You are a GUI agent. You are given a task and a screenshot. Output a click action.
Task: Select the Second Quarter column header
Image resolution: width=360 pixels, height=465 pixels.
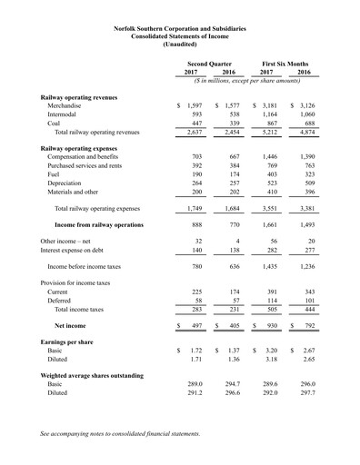[210, 64]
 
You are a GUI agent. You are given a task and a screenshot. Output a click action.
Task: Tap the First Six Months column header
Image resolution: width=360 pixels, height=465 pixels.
[285, 64]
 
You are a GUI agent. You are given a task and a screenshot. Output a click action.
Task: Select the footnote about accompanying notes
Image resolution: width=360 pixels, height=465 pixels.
[120, 435]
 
